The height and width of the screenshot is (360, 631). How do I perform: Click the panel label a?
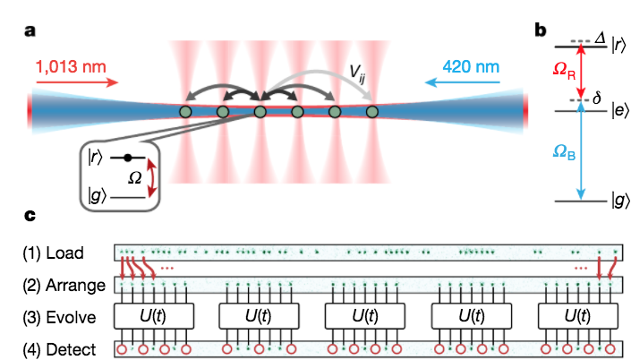coord(30,32)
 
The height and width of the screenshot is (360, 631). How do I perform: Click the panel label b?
coord(541,30)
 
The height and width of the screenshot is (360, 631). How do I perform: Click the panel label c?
coord(30,216)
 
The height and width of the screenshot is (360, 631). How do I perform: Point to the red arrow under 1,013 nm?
coord(77,84)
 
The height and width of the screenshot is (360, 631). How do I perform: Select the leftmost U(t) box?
coord(155,316)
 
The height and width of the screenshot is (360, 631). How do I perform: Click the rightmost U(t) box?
coord(577,316)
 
